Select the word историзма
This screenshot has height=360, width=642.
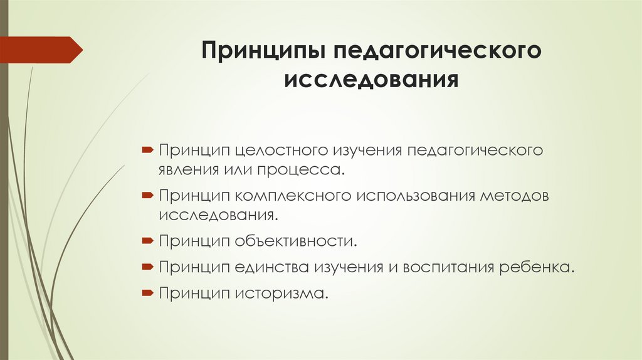282,293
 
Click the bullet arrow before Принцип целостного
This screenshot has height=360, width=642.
146,151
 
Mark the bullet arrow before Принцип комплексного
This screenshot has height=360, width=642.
146,196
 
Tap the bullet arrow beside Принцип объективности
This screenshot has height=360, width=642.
146,240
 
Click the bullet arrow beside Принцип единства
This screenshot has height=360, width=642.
146,267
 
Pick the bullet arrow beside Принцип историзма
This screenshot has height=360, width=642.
146,292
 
